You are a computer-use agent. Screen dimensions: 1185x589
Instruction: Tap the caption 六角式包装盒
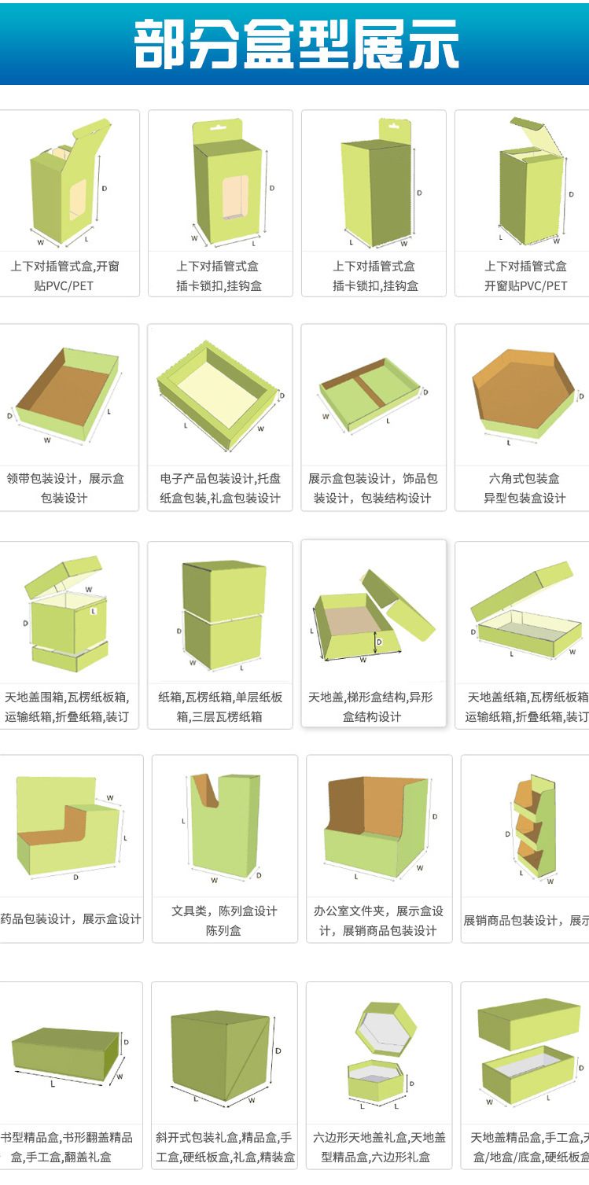pos(524,478)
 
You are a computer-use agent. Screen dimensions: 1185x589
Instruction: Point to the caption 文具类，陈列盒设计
pos(224,911)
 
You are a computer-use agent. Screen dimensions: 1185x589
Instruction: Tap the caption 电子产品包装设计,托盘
pos(220,478)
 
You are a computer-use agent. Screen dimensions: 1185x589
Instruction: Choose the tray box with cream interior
pos(219,394)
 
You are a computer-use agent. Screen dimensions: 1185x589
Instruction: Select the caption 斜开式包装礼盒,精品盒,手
pos(224,1137)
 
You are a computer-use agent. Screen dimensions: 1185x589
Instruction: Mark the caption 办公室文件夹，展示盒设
pos(378,911)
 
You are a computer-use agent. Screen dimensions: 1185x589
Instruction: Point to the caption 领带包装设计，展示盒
pos(65,478)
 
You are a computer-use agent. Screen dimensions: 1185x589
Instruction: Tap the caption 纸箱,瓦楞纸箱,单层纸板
pos(219,697)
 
